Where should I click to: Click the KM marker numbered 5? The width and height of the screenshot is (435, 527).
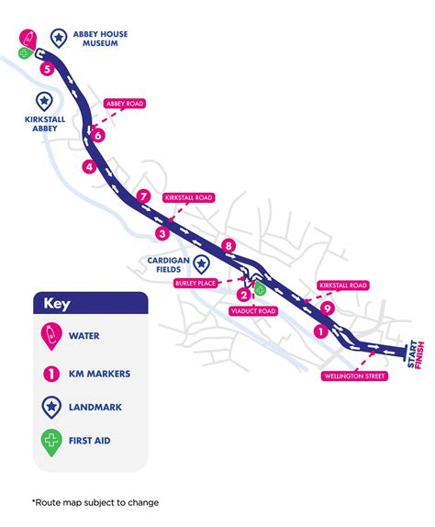[x=47, y=68]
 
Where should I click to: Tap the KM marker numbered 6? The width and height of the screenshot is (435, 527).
[x=98, y=136]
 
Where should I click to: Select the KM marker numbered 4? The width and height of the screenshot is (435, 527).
[x=89, y=167]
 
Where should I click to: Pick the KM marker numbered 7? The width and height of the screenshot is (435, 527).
[x=142, y=196]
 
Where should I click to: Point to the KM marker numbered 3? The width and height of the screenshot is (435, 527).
[x=162, y=233]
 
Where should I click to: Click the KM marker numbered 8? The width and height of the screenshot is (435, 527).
[x=229, y=245]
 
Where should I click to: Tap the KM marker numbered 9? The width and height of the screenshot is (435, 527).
[x=327, y=308]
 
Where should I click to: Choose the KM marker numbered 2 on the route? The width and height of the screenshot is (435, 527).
[x=243, y=295]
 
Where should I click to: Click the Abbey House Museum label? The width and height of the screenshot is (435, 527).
[x=102, y=39]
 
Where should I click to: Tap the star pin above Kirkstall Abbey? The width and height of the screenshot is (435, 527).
[x=42, y=101]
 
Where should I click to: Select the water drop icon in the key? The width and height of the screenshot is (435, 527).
[x=51, y=336]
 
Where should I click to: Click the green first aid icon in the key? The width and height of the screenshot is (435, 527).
[x=51, y=441]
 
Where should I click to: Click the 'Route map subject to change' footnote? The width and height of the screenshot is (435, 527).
[x=95, y=502]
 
